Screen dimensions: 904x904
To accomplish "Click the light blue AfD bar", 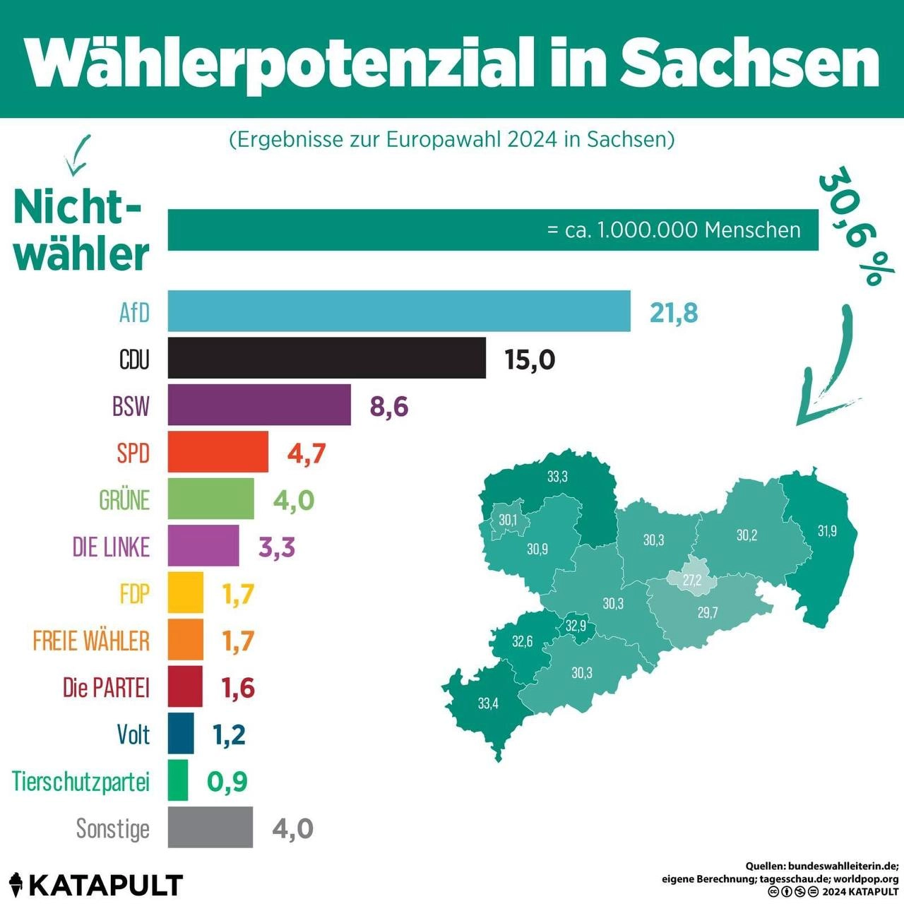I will (x=399, y=311).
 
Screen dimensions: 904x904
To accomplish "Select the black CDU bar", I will (x=326, y=358).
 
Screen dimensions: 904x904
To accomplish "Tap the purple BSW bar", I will (x=259, y=405).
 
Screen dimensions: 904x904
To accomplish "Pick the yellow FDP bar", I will (x=185, y=593).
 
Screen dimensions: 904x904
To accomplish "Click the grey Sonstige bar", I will (x=210, y=827).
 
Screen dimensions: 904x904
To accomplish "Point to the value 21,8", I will (x=674, y=312).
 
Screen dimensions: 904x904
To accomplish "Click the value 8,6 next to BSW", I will (x=389, y=407).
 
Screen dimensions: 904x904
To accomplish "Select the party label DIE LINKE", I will (x=111, y=547).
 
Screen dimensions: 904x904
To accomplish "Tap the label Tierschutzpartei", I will (x=81, y=781).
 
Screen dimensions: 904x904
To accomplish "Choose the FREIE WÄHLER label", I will (x=91, y=641).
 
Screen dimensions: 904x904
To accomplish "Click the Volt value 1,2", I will (x=229, y=735).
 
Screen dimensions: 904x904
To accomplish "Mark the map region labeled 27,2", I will (x=692, y=581).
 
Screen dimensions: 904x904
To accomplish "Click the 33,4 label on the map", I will (x=488, y=703).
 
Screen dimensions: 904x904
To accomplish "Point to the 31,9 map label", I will (x=827, y=530).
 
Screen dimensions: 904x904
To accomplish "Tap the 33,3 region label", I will (x=557, y=477).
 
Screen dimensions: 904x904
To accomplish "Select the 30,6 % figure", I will (x=856, y=226).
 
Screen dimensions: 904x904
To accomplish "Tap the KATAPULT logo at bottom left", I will (x=96, y=885).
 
